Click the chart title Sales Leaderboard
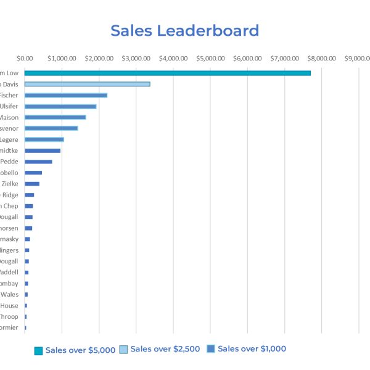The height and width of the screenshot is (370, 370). (x=184, y=31)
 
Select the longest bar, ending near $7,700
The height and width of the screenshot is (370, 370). (x=167, y=73)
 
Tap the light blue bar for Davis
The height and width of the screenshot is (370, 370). (x=87, y=84)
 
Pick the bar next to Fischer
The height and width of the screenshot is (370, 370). (x=65, y=95)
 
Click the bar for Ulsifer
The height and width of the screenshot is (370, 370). (x=60, y=106)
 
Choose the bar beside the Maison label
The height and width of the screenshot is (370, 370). (x=55, y=117)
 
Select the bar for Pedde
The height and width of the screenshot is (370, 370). (x=38, y=162)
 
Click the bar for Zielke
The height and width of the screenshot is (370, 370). (x=31, y=184)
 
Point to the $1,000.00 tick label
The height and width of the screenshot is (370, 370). (x=62, y=59)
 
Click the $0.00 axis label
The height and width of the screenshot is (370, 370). (x=25, y=59)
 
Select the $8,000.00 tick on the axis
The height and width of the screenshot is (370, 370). (x=321, y=59)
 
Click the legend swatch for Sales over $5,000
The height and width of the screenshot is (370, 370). (x=38, y=350)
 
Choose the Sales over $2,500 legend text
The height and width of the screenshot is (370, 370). (x=165, y=349)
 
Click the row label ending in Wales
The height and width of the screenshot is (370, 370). (x=9, y=294)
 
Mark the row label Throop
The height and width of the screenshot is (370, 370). (x=9, y=316)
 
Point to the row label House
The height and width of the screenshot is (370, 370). (x=9, y=305)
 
